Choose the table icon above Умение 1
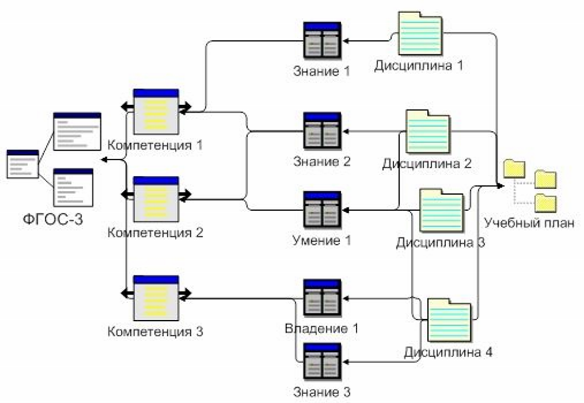pos(322,209)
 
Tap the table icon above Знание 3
pos(322,361)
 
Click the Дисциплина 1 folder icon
pos(420,33)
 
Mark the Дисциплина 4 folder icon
pos(449,321)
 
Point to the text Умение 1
pos(322,240)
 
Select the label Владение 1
pos(322,329)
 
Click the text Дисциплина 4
pos(448,352)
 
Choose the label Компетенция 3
pos(155,332)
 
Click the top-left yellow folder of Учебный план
pos(514,168)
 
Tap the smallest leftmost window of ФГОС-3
pos(23,164)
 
